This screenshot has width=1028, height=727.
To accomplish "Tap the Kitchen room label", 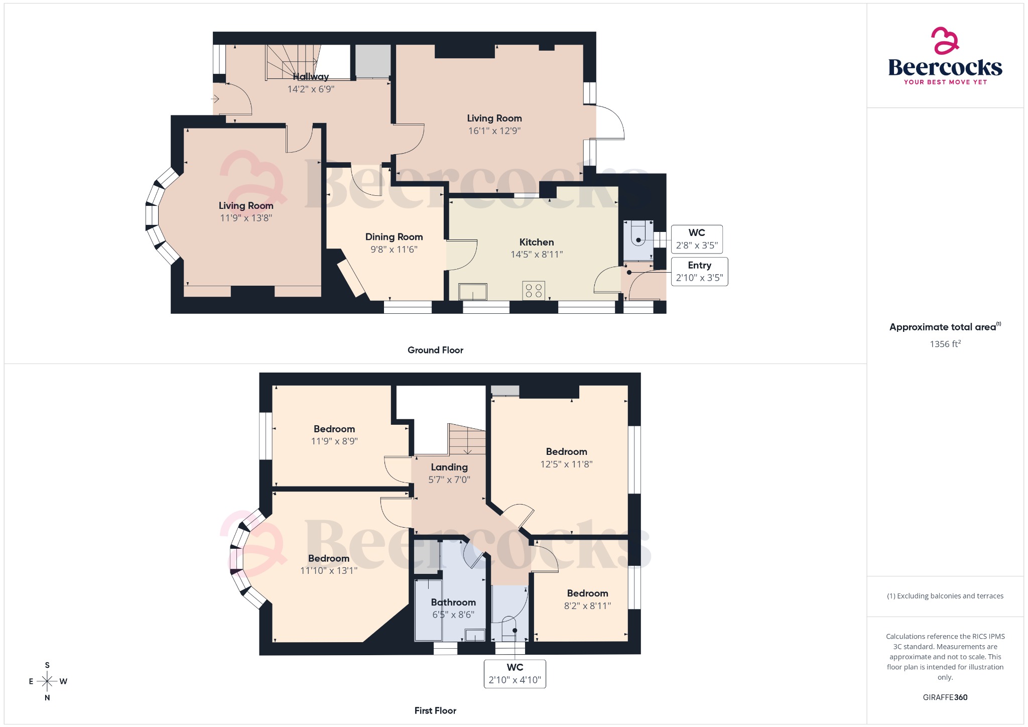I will click(x=537, y=242).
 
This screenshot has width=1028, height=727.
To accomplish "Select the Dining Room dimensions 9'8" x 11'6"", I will click(x=394, y=250).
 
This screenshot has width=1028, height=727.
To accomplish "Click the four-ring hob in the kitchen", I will click(x=534, y=291).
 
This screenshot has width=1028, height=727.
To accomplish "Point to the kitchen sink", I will click(x=473, y=292).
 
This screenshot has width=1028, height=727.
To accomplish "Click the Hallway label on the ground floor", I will click(x=311, y=77).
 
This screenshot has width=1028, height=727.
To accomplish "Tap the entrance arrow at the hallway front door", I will click(x=215, y=99).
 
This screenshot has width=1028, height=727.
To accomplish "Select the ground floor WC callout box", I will click(x=697, y=239).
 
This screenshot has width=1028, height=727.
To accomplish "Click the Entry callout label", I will click(x=699, y=266).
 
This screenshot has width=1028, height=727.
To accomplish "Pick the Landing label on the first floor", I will click(x=449, y=467).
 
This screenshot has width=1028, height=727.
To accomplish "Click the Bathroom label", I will click(x=453, y=602).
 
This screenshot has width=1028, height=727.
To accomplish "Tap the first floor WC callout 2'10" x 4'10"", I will click(x=515, y=674).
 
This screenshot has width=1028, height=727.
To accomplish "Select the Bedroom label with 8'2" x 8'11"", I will click(x=587, y=593).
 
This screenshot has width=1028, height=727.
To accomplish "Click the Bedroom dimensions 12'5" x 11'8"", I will click(x=566, y=464).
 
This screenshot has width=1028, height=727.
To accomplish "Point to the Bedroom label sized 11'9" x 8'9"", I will click(x=334, y=429).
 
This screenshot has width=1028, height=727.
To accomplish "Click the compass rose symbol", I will click(x=48, y=681).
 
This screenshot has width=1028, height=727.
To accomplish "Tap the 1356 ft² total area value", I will click(x=945, y=344).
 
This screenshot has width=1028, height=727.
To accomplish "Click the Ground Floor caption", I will click(x=435, y=350).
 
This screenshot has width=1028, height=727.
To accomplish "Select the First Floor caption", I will click(x=435, y=711).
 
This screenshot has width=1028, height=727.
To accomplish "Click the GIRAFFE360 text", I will click(x=945, y=697).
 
